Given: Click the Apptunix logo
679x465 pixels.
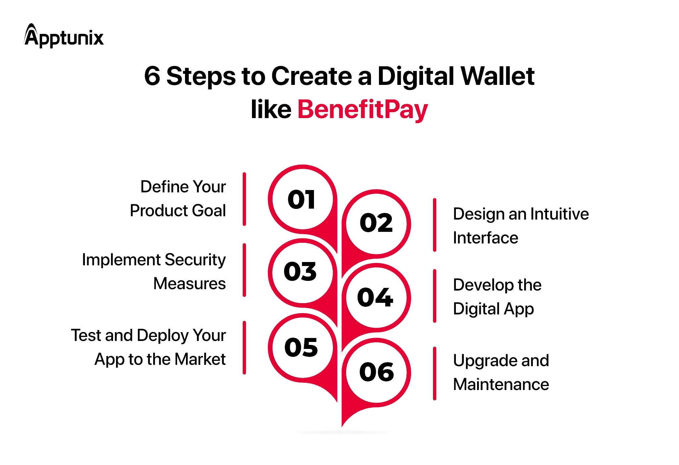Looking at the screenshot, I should [x=64, y=36].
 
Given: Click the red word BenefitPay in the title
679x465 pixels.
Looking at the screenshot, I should [x=362, y=109].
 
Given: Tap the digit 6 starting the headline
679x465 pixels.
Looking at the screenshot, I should [x=152, y=76].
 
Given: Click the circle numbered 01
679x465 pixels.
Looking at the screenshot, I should [x=302, y=199].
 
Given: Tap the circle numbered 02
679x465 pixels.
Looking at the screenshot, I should [x=376, y=223].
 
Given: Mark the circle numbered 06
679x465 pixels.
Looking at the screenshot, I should [x=376, y=372].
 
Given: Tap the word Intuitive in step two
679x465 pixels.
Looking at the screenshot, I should [x=559, y=214].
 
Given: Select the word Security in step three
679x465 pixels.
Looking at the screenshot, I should [x=195, y=260].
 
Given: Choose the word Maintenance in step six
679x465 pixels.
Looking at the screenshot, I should [x=501, y=384].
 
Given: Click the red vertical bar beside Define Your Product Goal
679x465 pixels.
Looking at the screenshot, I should [x=244, y=199].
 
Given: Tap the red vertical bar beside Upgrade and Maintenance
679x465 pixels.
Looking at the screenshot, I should [x=435, y=373].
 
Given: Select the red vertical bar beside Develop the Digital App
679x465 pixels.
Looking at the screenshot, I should [x=435, y=296].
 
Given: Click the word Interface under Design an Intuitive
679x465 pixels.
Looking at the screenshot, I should [x=485, y=238].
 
